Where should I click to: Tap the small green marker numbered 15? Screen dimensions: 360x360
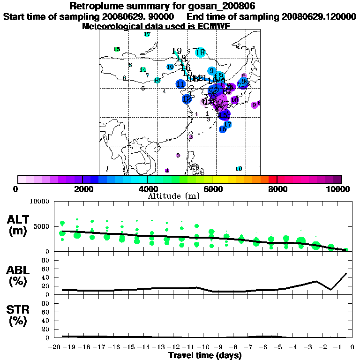click(117, 49)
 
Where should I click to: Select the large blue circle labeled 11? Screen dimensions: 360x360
click(180, 84)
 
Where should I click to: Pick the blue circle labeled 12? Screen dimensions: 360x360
click(187, 99)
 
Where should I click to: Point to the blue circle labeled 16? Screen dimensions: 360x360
click(223, 129)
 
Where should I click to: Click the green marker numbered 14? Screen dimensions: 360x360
click(143, 69)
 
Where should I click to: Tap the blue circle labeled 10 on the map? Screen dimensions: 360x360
click(170, 67)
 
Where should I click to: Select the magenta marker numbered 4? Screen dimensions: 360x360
click(167, 171)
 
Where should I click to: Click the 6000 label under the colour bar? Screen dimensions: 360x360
click(212, 189)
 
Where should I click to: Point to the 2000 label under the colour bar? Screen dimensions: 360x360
click(82, 189)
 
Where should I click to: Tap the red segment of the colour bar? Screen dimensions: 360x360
click(272, 179)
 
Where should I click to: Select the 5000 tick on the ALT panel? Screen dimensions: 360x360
click(43, 226)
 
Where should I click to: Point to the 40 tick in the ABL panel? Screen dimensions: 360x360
click(47, 277)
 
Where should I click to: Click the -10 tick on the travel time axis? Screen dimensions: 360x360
click(204, 347)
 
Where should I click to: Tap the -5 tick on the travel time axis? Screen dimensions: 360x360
click(279, 347)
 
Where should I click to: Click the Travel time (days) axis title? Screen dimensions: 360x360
click(205, 355)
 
